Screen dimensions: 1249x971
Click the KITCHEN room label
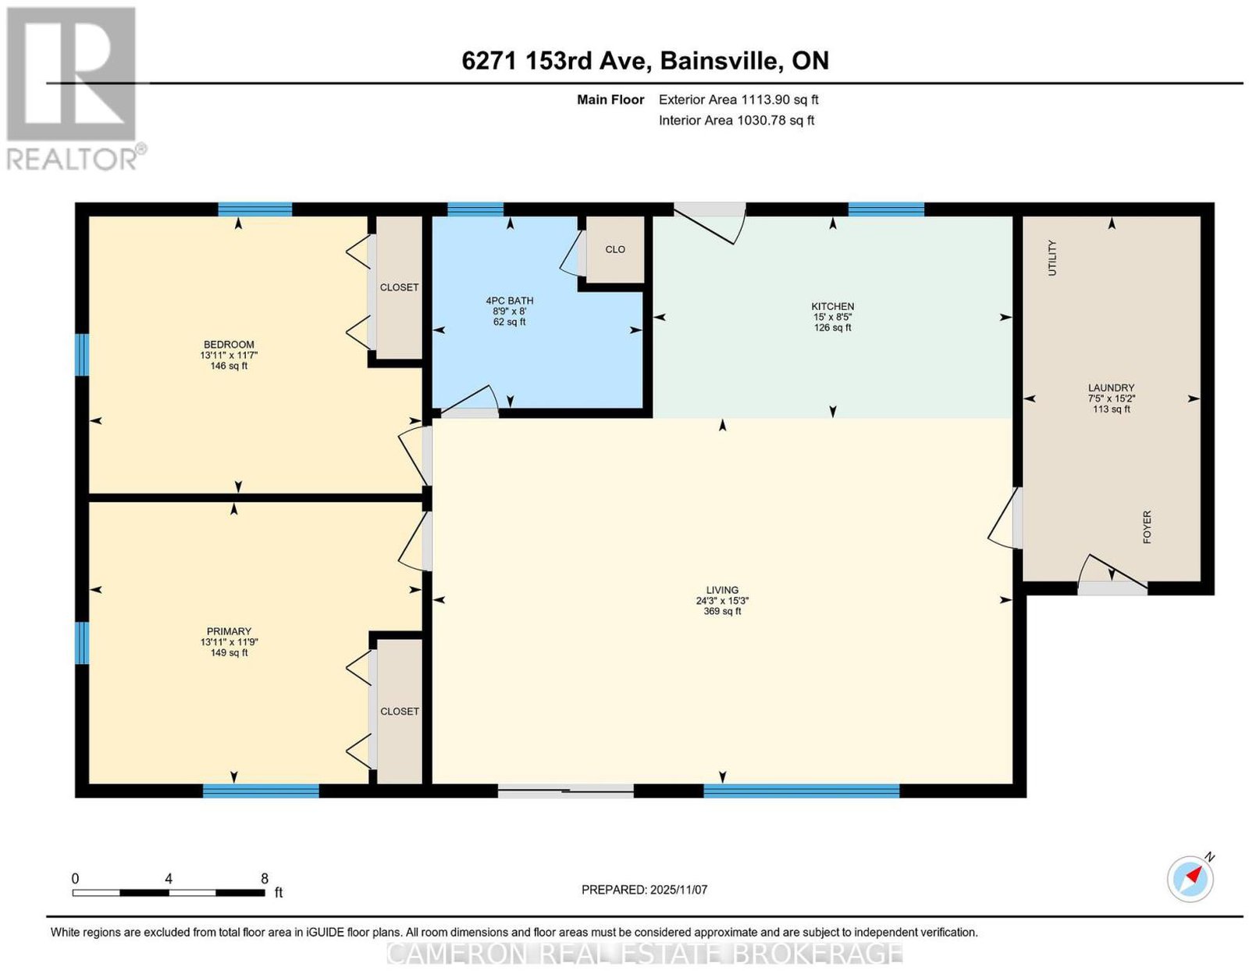[831, 306]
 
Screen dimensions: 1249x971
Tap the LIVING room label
[722, 590]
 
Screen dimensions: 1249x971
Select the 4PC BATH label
[509, 301]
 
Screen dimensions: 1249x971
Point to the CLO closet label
[614, 249]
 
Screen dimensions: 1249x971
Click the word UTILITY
[1052, 258]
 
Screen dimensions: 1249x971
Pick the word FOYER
[1146, 527]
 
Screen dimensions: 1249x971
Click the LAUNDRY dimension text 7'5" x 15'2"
[1111, 398]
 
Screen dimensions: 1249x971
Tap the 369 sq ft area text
[722, 611]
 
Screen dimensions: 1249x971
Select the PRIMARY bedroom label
[229, 631]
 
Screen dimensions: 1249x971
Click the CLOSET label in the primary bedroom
[400, 711]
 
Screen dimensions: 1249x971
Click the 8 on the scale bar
[264, 879]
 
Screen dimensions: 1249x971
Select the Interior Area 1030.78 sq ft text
[736, 120]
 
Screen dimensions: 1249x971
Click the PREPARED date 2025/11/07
[678, 890]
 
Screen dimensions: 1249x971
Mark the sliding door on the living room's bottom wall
[566, 791]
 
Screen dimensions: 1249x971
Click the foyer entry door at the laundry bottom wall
[1112, 588]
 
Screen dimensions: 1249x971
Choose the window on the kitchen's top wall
[886, 210]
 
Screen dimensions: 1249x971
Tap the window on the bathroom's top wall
[475, 210]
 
